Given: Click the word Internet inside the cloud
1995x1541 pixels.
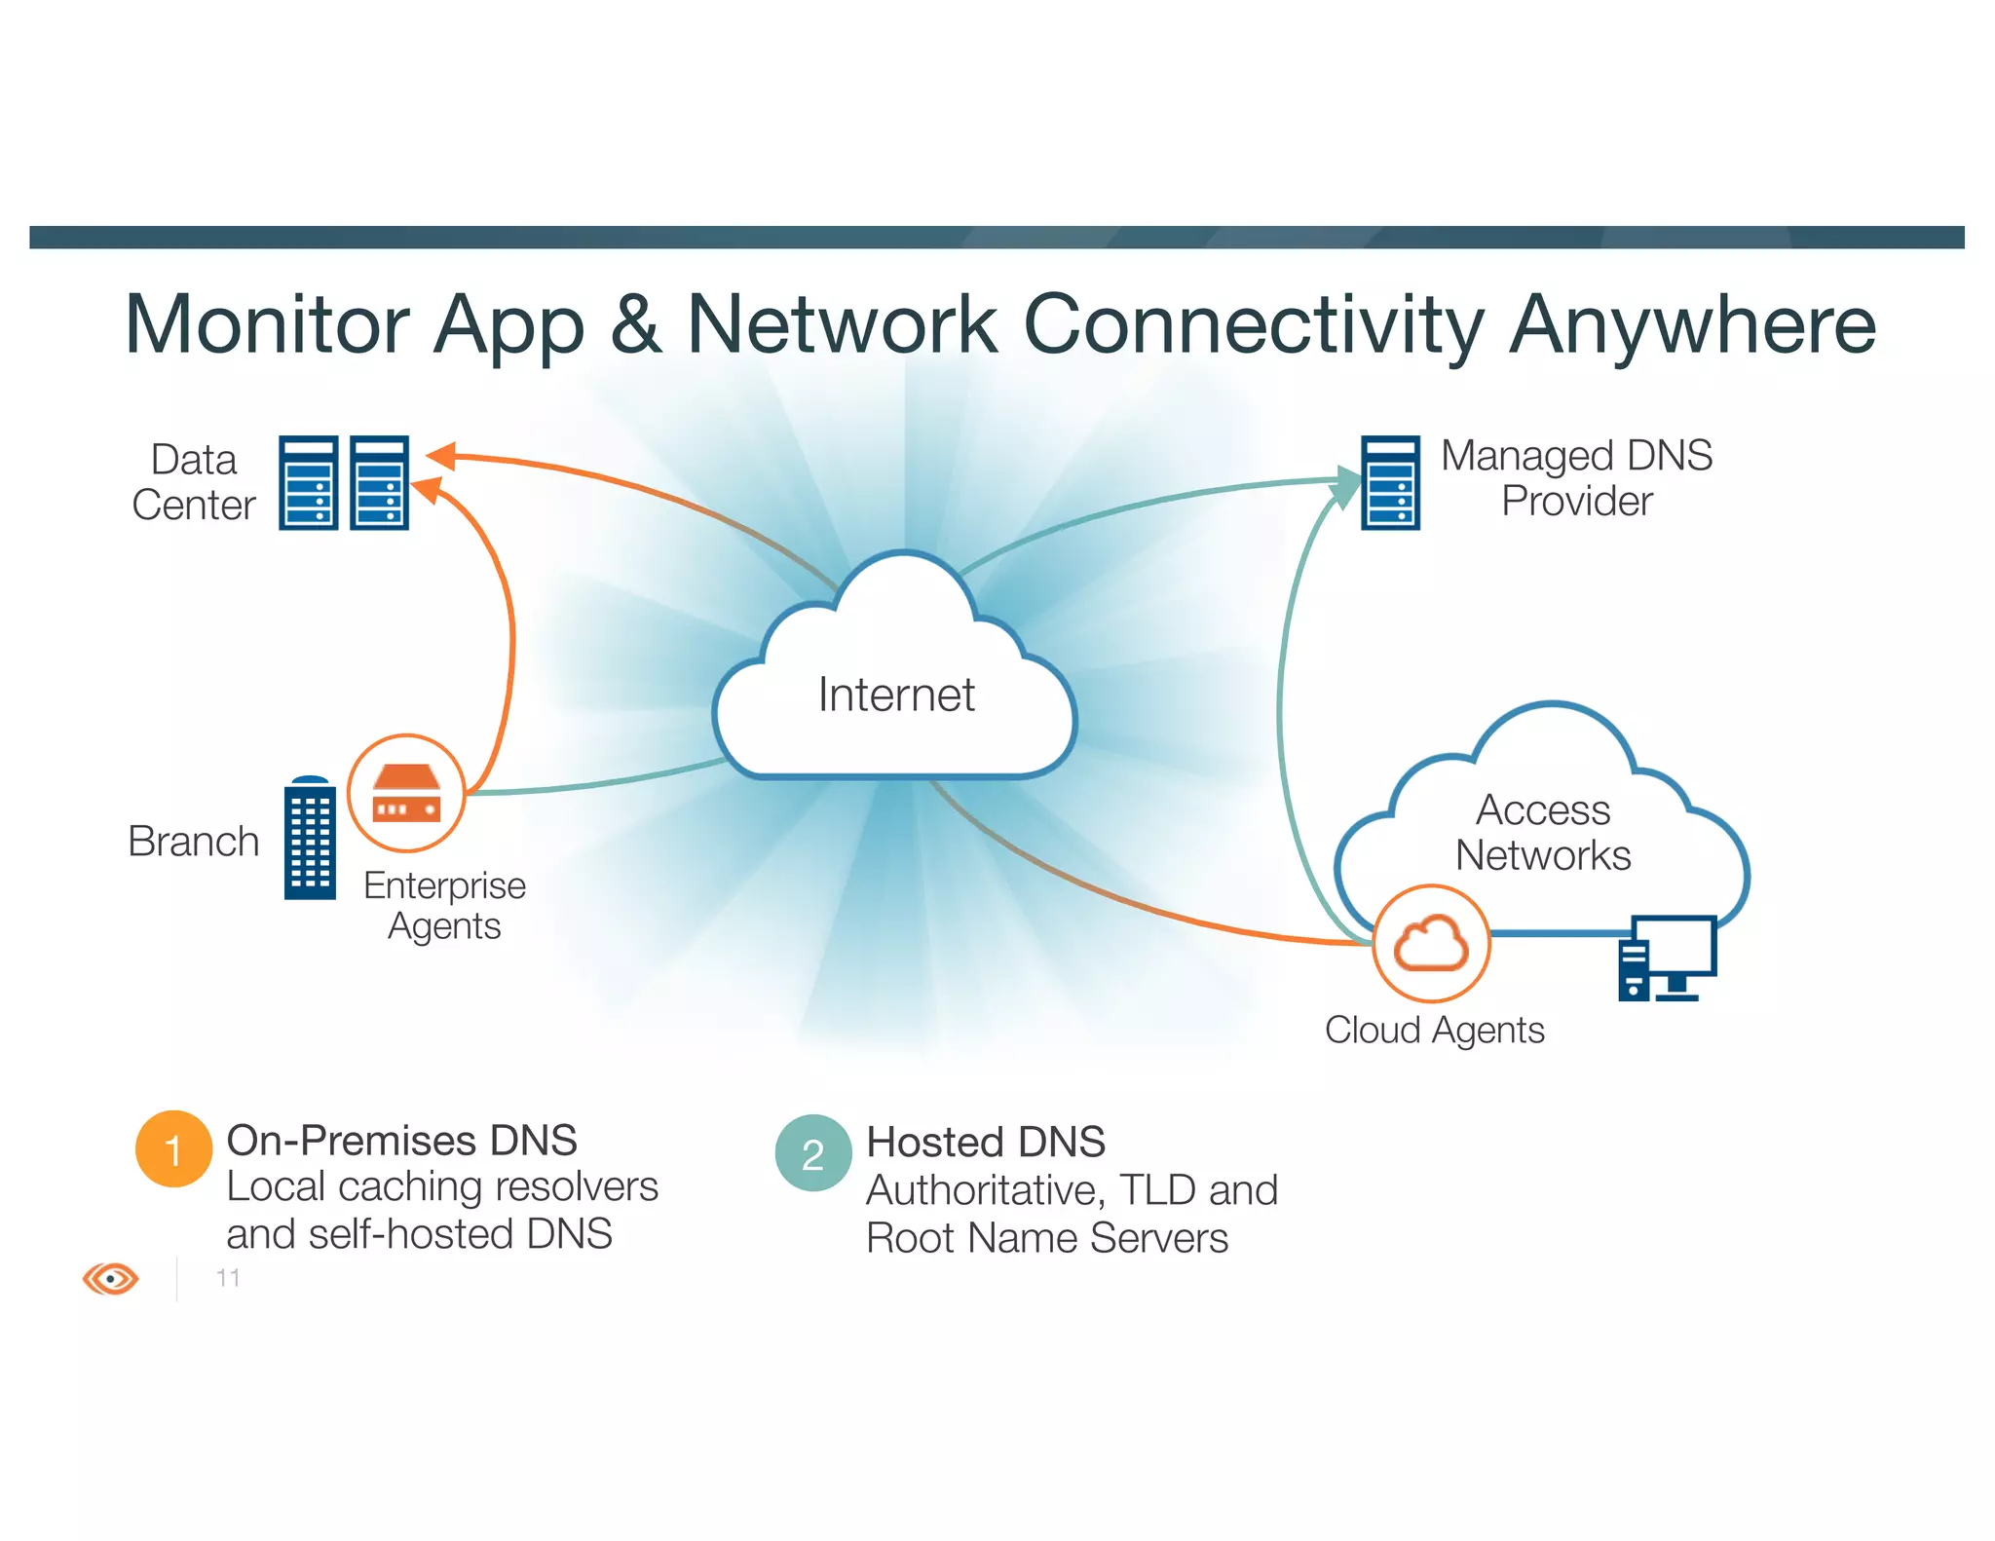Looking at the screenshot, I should click(895, 695).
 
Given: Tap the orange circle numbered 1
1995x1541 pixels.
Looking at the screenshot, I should click(173, 1149).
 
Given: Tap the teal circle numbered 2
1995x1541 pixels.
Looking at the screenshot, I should click(812, 1153).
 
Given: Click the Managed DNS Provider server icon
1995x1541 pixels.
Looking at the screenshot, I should click(1389, 483).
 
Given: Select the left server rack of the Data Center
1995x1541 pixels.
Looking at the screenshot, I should click(308, 483).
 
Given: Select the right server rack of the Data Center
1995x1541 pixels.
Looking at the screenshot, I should click(379, 483).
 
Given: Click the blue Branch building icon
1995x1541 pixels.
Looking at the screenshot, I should click(310, 839).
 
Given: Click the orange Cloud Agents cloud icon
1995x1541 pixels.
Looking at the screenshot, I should click(1430, 943).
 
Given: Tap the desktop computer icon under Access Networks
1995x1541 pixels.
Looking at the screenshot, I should click(1667, 958).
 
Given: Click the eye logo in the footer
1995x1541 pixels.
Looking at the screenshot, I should click(110, 1278).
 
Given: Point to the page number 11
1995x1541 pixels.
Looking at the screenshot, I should click(228, 1278).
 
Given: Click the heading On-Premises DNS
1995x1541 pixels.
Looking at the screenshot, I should click(401, 1141).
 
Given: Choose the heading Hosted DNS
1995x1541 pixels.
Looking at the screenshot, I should click(985, 1143).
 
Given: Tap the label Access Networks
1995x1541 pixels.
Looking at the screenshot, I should click(1542, 833).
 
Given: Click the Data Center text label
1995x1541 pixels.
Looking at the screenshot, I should click(193, 482).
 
